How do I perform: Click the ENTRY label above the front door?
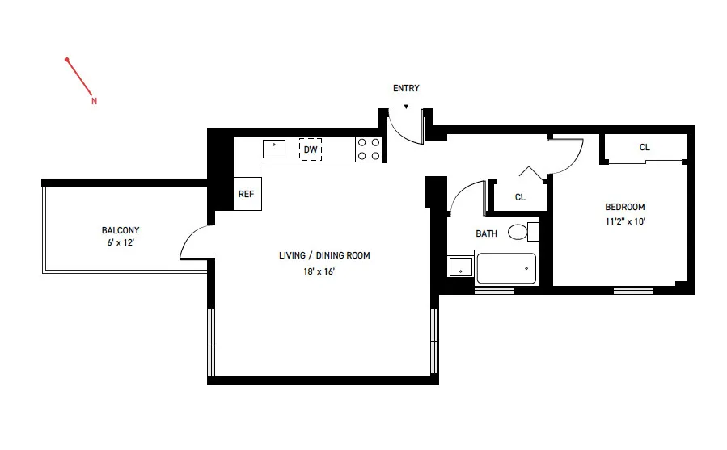coord(406,89)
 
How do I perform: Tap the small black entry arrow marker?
coord(406,106)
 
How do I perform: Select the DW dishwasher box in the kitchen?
coord(311,149)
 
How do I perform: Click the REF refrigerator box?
coord(246,194)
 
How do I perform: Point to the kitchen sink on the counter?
coord(274,149)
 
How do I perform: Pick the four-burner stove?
coord(369,149)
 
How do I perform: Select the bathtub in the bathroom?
coord(507,268)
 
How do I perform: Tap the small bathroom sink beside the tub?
coord(460,267)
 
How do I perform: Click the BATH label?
coord(486,234)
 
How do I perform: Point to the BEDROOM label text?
coord(624,207)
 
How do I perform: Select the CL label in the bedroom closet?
coord(645,148)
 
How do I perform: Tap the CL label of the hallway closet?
coord(520,197)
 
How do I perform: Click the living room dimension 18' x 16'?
coord(319,271)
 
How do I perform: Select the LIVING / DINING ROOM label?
coord(324,256)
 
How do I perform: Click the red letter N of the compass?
coord(94,102)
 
